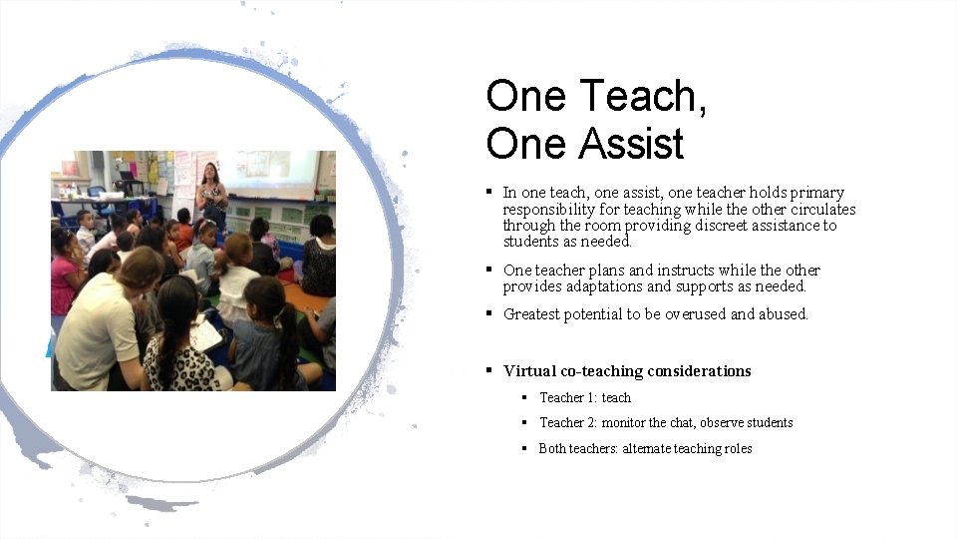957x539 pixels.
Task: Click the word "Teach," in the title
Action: point(643,97)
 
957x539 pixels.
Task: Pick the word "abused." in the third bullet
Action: point(783,314)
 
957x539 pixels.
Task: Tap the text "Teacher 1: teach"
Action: point(585,397)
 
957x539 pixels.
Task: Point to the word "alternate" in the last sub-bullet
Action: point(646,449)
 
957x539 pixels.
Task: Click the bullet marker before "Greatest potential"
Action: point(489,313)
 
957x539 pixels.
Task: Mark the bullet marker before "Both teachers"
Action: point(524,448)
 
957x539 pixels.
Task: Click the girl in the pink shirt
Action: point(65,275)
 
